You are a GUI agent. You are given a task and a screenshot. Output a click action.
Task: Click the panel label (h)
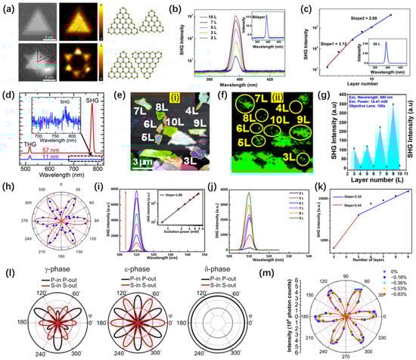8,183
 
